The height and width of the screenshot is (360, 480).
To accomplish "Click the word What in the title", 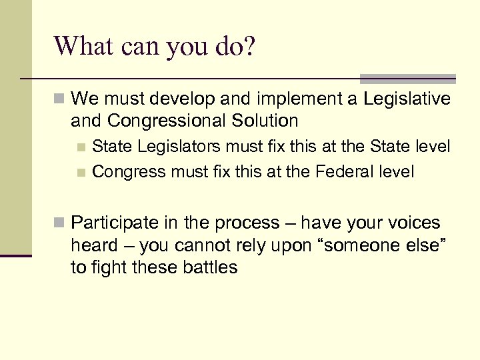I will [85, 47].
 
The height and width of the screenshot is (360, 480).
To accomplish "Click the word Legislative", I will [406, 100].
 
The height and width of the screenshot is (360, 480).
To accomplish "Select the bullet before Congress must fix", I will [81, 173].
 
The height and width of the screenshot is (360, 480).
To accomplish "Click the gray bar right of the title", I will [407, 78].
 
